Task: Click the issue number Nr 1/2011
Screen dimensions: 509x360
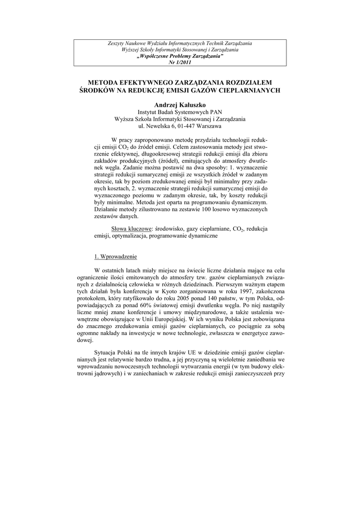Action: (180, 62)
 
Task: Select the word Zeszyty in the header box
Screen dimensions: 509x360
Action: (117, 44)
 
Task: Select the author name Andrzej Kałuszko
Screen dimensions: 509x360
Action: (180, 105)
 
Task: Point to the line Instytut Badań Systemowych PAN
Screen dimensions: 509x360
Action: (180, 113)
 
